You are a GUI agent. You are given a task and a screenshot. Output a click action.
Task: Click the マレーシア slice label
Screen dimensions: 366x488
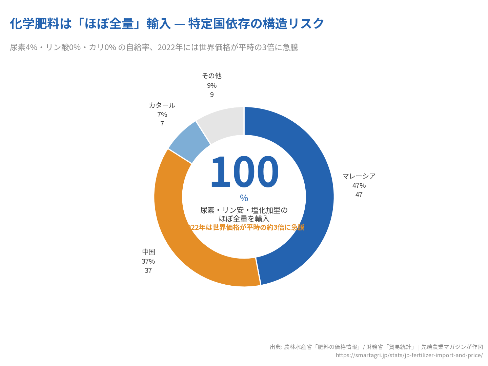(359, 176)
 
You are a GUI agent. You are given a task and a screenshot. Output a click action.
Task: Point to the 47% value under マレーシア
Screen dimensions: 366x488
(359, 185)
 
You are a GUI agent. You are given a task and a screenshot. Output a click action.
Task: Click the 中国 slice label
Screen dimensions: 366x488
(148, 252)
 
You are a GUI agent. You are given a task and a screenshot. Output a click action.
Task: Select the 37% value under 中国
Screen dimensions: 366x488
(148, 261)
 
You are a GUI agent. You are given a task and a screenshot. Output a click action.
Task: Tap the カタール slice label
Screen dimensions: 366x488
(162, 105)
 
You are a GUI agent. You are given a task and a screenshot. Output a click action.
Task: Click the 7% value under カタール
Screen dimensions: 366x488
(162, 115)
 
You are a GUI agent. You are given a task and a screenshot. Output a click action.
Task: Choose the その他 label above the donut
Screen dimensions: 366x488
(211, 76)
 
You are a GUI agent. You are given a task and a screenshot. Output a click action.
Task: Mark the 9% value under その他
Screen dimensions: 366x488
(211, 85)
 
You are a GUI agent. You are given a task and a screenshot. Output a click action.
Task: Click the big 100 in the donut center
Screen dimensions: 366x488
(244, 172)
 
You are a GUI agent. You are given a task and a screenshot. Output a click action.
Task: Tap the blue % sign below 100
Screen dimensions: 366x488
(244, 198)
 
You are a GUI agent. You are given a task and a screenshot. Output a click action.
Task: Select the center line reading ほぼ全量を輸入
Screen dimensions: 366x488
(244, 219)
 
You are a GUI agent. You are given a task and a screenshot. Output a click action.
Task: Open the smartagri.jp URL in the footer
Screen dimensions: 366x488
(409, 355)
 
